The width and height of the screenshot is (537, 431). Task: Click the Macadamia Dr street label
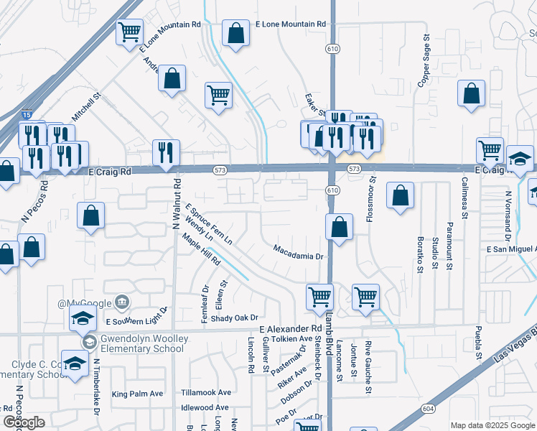pyautogui.click(x=299, y=249)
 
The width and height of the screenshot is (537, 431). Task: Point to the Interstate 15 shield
pyautogui.click(x=26, y=115)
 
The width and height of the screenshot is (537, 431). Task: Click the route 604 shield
pyautogui.click(x=428, y=408)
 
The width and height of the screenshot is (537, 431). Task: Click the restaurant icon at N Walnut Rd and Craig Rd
pyautogui.click(x=165, y=152)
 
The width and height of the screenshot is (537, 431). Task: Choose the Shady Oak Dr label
pyautogui.click(x=234, y=318)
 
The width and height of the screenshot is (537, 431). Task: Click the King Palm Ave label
pyautogui.click(x=138, y=394)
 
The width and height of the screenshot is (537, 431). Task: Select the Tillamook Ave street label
pyautogui.click(x=206, y=393)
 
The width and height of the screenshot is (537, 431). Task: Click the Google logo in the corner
pyautogui.click(x=24, y=422)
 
